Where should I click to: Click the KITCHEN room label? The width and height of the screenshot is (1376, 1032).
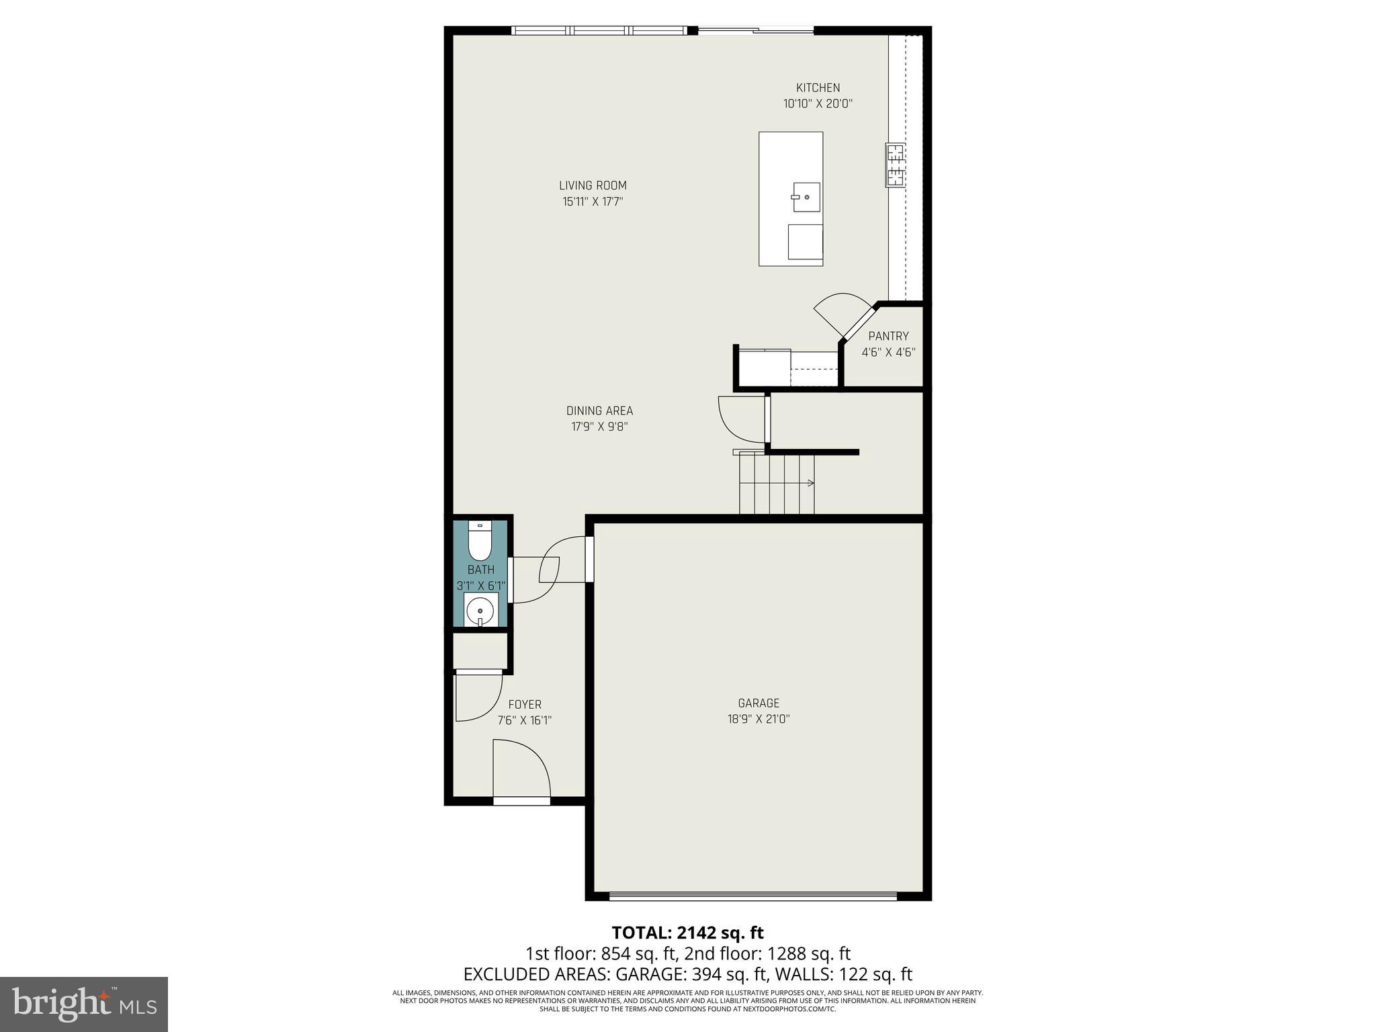(x=818, y=88)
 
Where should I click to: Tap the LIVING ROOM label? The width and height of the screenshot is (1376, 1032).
(x=593, y=185)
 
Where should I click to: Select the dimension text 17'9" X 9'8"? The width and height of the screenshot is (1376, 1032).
(x=599, y=427)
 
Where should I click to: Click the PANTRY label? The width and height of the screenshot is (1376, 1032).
(x=888, y=336)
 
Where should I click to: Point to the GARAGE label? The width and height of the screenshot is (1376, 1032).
(x=759, y=703)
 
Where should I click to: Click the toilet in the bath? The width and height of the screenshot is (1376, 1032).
(x=480, y=542)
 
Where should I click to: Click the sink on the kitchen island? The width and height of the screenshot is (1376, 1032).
(x=806, y=197)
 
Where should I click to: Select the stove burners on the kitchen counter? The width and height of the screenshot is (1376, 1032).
(x=895, y=165)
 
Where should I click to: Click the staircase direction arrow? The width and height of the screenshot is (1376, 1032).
(x=810, y=482)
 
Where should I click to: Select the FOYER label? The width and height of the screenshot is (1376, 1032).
(x=525, y=704)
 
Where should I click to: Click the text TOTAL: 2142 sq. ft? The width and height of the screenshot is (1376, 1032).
(x=687, y=933)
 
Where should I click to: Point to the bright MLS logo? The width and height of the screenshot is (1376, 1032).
(x=84, y=1004)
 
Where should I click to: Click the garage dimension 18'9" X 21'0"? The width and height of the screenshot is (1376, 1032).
(x=759, y=719)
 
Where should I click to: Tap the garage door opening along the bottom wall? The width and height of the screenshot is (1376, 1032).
(x=752, y=896)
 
